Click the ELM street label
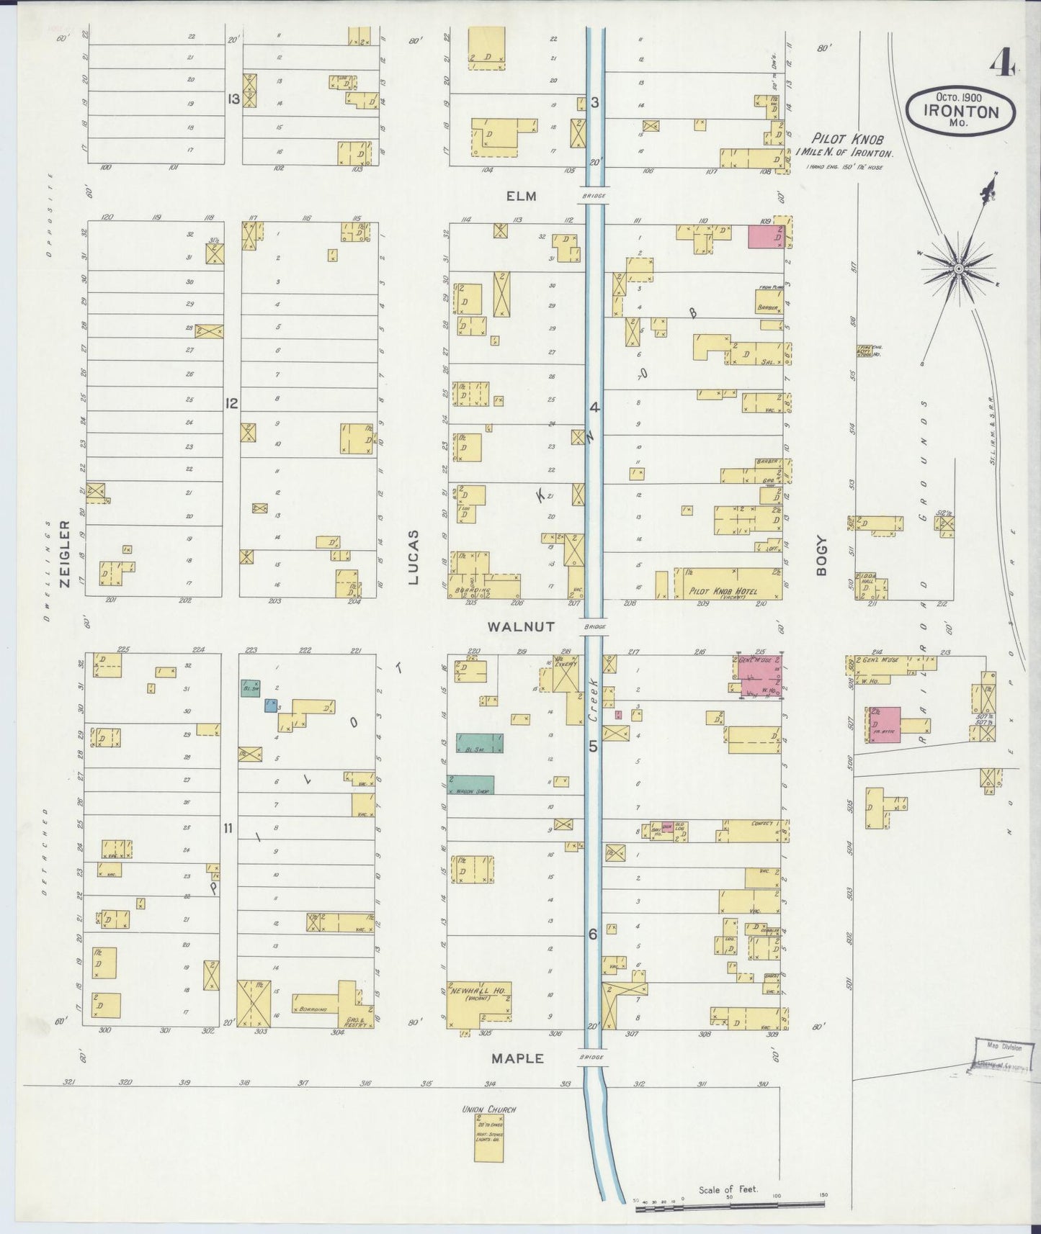pos(522,196)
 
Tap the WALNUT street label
pos(521,627)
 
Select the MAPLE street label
pos(517,1058)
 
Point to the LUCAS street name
pos(413,557)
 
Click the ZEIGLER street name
pos(65,554)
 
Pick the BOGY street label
pos(821,556)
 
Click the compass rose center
pos(958,269)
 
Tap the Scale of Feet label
pos(728,1190)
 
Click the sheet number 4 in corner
pos(1001,65)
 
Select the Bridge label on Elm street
pos(594,196)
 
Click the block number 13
pos(233,99)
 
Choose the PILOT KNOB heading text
pos(846,139)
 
